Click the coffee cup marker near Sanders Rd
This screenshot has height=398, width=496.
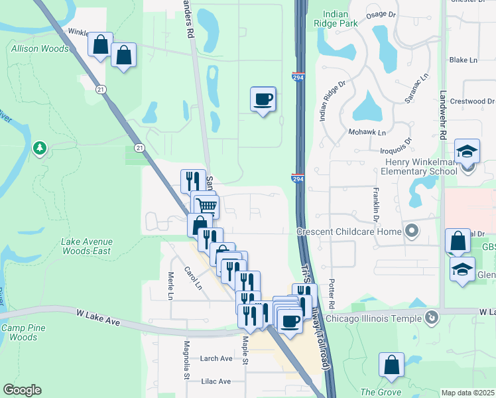tap(263, 99)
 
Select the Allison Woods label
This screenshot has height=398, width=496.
tap(39, 49)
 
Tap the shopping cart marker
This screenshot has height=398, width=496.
tap(207, 206)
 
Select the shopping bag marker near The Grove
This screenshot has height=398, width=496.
tap(391, 365)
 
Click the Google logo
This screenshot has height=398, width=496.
tap(22, 390)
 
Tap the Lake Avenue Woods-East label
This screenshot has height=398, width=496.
tap(86, 247)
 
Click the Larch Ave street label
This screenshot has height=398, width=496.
tap(217, 359)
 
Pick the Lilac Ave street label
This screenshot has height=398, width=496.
tap(216, 381)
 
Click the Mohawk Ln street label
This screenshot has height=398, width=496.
tap(367, 132)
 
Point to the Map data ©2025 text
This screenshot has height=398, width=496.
tap(467, 393)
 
